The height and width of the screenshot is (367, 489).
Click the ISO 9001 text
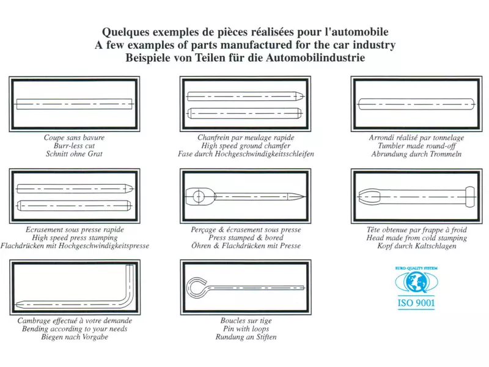(x=416, y=303)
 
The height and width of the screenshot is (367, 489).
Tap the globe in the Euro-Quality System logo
(x=416, y=281)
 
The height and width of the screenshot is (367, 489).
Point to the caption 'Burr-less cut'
(x=74, y=146)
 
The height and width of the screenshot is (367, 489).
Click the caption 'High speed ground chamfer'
(x=246, y=146)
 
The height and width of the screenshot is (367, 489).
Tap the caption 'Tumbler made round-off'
(x=417, y=146)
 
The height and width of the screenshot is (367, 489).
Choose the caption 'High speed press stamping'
(x=75, y=238)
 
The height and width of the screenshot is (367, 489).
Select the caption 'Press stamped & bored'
(x=246, y=238)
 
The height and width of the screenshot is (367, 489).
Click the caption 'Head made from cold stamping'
(x=417, y=238)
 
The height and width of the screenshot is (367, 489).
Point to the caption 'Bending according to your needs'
(x=75, y=329)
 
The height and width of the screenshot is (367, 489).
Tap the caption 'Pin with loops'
(x=246, y=329)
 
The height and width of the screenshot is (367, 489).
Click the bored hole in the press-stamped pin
(x=198, y=196)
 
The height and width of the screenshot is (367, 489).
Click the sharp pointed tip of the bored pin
(x=304, y=196)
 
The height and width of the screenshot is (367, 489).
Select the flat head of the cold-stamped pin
(x=470, y=197)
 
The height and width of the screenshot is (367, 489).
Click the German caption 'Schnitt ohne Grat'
(x=74, y=154)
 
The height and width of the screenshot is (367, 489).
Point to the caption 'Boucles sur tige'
(x=246, y=321)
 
